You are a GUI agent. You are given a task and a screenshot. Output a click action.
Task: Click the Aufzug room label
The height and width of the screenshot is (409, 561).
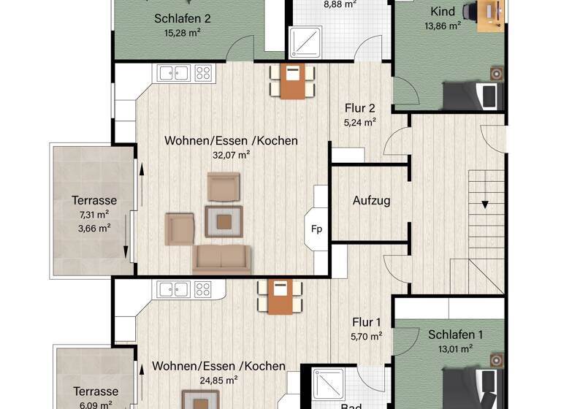[371, 200]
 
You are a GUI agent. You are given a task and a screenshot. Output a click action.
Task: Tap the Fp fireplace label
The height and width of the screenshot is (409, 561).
[317, 229]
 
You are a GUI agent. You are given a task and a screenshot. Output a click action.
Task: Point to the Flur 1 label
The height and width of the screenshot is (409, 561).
[367, 321]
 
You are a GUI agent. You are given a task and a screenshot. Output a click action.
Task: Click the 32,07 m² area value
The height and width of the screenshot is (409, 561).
[231, 154]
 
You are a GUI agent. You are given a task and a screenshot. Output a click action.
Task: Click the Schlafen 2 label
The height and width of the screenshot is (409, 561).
[182, 19]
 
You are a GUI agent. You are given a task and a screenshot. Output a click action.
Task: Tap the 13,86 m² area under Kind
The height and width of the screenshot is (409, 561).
[443, 26]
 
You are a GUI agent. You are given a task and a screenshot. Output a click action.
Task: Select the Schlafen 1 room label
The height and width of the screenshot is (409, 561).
[456, 335]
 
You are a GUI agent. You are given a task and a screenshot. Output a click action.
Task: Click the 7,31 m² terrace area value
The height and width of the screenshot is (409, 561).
[94, 214]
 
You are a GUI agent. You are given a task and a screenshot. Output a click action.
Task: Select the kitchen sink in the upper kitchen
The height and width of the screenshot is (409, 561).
[173, 72]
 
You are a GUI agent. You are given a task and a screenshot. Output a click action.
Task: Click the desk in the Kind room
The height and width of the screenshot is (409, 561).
[490, 15]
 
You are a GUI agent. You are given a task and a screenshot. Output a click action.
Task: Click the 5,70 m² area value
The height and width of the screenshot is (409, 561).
[367, 337]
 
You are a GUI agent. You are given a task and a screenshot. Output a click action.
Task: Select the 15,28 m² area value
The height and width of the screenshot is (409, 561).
[182, 33]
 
